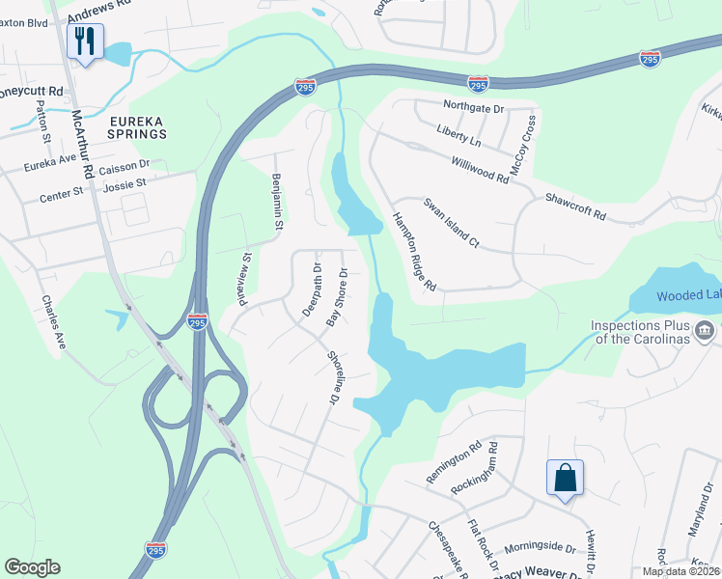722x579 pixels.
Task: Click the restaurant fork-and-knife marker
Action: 85,41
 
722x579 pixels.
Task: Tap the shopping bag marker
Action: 565,478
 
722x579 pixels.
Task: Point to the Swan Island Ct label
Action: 451,223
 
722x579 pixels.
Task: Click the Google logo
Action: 33,567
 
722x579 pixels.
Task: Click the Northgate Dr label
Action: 474,108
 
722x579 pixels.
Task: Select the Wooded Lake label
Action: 688,296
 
